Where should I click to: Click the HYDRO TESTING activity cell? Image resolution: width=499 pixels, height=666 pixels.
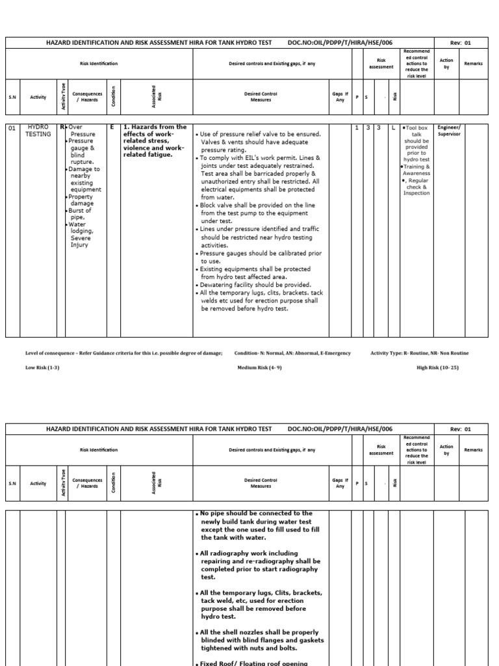[x=37, y=130]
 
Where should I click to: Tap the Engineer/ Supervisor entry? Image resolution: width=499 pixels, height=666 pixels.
[x=449, y=131]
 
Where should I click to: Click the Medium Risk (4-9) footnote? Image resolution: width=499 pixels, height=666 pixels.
[x=259, y=367]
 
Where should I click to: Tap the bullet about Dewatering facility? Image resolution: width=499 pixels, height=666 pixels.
[x=255, y=285]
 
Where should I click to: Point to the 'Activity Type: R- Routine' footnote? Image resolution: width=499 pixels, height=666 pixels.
[x=419, y=353]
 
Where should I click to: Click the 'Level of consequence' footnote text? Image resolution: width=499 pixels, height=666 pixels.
[x=123, y=353]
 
